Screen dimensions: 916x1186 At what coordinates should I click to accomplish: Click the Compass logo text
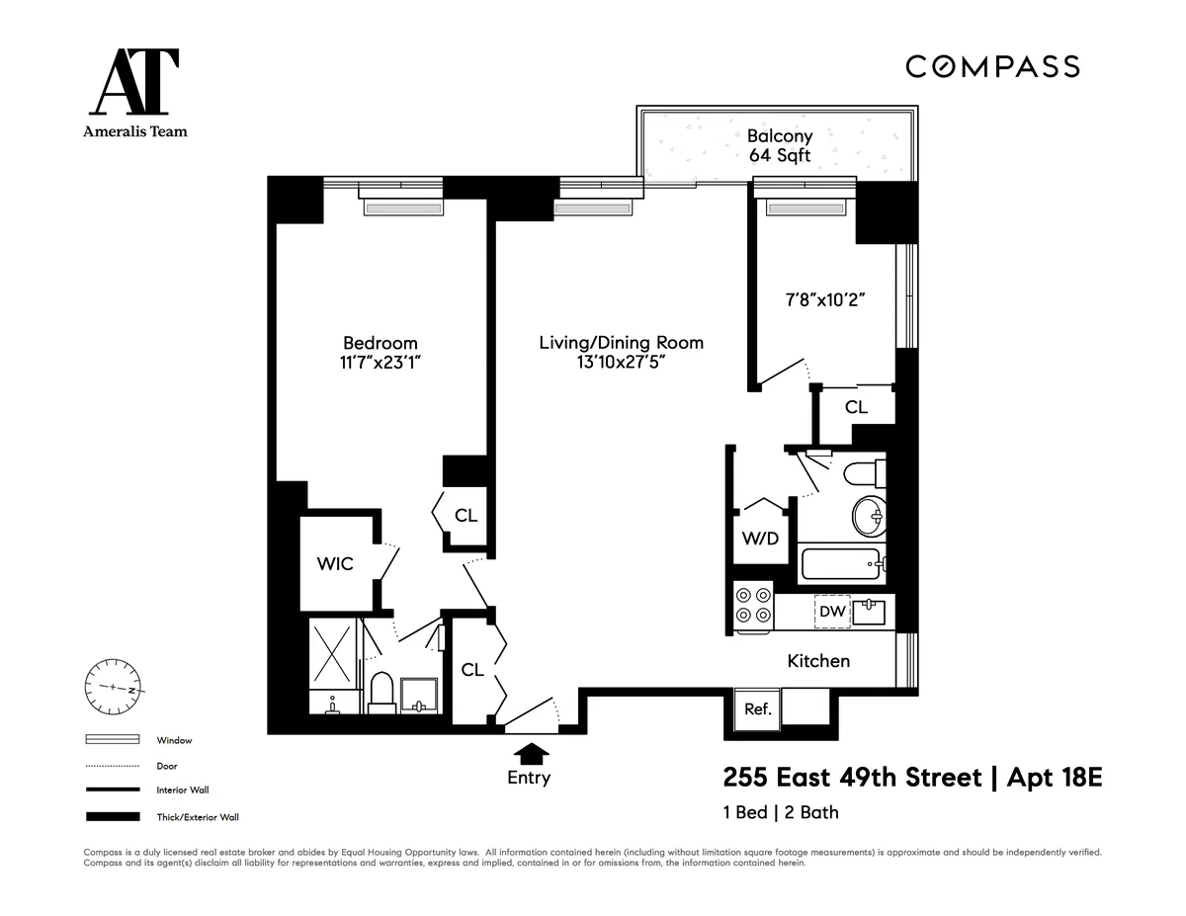coord(992,66)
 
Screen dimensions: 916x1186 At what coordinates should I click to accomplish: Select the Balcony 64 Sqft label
coord(779,145)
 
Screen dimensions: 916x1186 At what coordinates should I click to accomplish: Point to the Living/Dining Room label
coord(621,343)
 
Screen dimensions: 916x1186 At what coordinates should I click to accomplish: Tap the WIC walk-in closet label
coord(334,563)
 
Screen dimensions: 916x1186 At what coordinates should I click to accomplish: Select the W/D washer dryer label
coord(760,539)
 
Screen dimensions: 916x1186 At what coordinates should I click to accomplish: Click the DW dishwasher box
coord(832,612)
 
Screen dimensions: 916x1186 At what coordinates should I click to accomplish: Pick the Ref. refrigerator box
coord(758,708)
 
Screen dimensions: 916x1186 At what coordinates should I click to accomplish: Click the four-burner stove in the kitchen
coord(753,605)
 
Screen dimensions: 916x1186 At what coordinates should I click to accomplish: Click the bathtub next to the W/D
coord(841,566)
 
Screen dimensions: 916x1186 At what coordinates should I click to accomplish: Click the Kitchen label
coord(817,660)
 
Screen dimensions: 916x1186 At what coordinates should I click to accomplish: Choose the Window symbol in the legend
coord(112,740)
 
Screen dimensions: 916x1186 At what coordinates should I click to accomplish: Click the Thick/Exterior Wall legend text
coord(198,817)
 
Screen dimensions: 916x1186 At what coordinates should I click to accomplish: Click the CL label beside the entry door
coord(472,670)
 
